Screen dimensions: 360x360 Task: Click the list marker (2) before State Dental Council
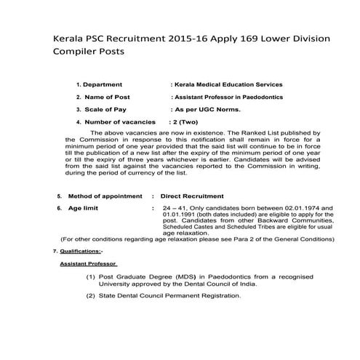[x=91, y=296]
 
